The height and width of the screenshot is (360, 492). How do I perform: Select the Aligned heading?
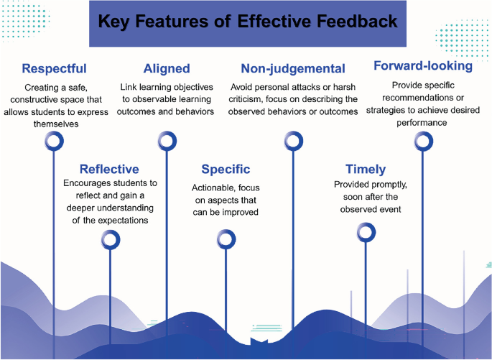167,69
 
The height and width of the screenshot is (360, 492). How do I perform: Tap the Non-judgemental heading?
293,69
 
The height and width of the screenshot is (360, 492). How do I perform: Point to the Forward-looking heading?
422,66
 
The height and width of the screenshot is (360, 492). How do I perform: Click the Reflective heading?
109,170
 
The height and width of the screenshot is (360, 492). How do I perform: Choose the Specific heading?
226,170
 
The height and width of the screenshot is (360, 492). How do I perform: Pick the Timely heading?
366,170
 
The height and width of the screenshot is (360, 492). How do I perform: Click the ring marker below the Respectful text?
55,141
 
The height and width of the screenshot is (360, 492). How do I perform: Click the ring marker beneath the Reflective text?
109,239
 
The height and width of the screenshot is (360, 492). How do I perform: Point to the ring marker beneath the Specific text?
226,239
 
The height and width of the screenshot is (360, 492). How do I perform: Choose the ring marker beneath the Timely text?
366,231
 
